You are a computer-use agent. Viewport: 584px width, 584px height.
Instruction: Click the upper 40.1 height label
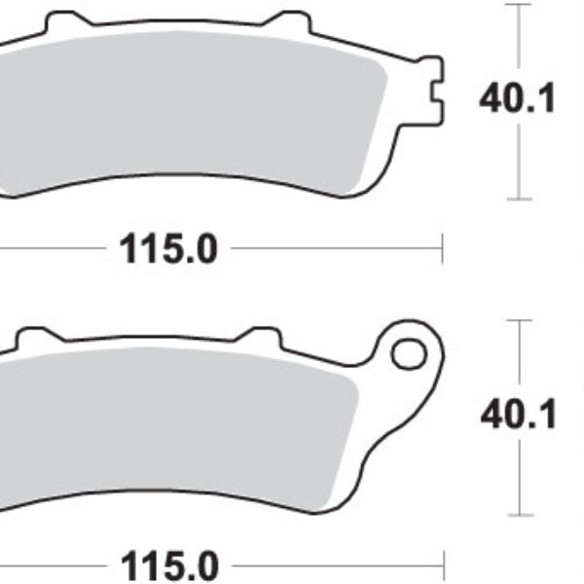(517, 98)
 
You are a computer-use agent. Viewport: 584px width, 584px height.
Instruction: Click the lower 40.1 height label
(518, 416)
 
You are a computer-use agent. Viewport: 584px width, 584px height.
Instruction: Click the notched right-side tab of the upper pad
(431, 97)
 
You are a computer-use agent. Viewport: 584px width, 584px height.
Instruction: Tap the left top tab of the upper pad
(64, 20)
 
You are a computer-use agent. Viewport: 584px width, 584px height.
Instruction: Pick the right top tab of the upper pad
(288, 23)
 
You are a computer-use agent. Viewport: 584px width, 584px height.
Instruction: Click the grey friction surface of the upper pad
(195, 107)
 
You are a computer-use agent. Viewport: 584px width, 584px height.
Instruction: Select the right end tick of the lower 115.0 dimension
(442, 565)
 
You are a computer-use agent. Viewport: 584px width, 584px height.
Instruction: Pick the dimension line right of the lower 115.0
(336, 565)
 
